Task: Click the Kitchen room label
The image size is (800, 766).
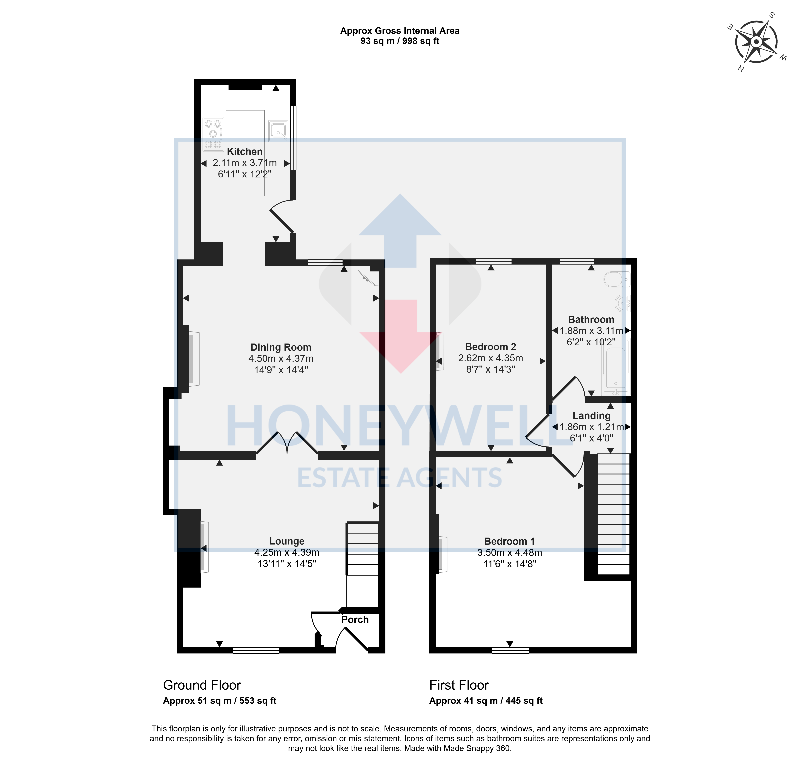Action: [x=244, y=152]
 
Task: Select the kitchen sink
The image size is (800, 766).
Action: [x=278, y=131]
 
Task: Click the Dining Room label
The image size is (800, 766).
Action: [x=281, y=347]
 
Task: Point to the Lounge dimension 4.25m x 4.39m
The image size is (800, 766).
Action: [x=287, y=553]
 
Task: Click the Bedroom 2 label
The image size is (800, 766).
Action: [x=491, y=347]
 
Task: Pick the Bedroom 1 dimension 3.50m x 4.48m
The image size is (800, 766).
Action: [x=510, y=553]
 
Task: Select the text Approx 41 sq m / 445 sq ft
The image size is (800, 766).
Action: [x=486, y=701]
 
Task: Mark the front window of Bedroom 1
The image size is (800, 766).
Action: [x=510, y=650]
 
